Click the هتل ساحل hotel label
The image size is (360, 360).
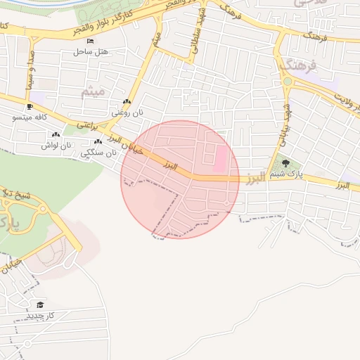click(x=91, y=52)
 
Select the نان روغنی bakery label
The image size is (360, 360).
click(x=129, y=112)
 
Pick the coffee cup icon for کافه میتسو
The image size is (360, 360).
click(x=29, y=108)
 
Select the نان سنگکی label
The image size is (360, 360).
click(x=98, y=152)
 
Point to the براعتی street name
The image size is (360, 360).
click(x=87, y=124)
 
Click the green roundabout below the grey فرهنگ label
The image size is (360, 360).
click(x=288, y=82)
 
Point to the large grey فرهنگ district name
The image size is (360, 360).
click(x=299, y=65)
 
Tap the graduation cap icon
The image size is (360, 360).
click(x=40, y=304)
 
